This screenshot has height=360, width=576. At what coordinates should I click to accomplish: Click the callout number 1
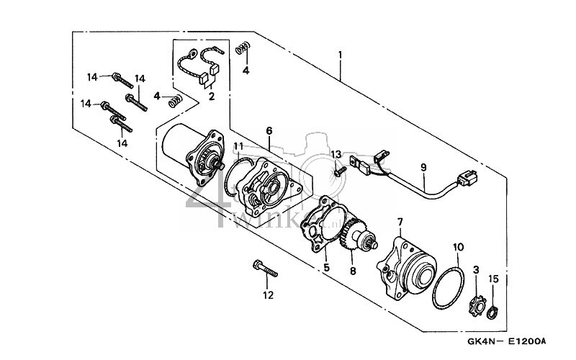tap(339, 55)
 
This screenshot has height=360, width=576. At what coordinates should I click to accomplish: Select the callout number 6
tap(269, 131)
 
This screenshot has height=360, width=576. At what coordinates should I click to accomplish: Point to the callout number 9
tap(423, 167)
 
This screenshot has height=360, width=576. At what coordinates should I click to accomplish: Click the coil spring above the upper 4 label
tap(243, 49)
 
